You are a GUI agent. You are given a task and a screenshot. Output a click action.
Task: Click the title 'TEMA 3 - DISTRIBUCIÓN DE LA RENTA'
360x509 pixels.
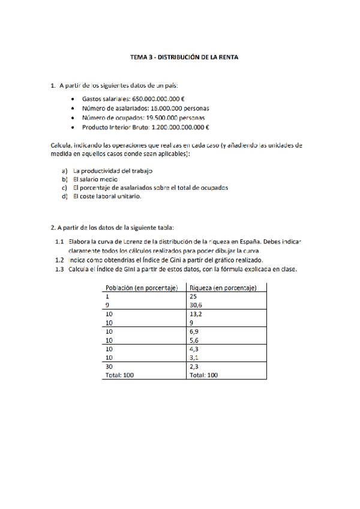tap(180, 58)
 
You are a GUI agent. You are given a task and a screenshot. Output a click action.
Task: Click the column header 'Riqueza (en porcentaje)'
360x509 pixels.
tap(223, 288)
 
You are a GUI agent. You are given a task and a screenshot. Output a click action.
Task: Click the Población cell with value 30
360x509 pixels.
tap(109, 366)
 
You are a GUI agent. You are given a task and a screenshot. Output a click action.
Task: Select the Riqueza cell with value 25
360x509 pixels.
tap(193, 297)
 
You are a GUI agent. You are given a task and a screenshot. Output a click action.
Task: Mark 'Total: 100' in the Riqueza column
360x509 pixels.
tap(203, 375)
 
